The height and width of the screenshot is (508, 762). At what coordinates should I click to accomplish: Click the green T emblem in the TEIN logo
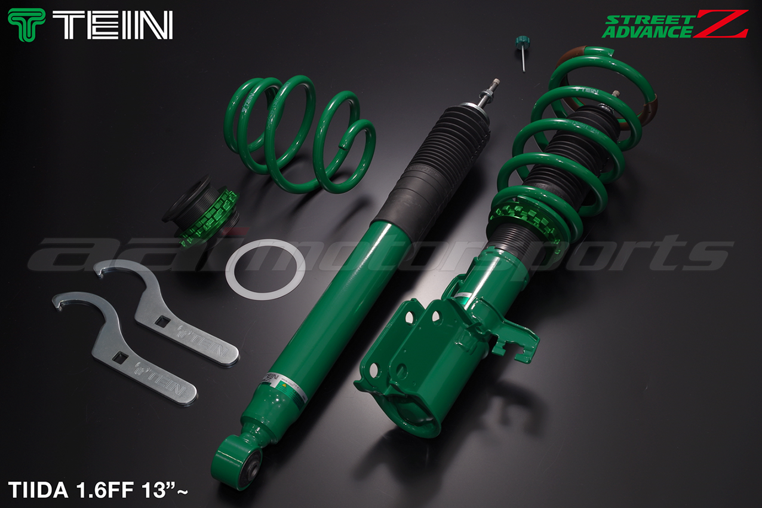pos(26,25)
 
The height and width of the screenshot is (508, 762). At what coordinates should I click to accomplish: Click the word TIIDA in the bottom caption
pos(38,490)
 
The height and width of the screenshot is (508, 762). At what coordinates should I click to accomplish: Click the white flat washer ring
pos(265,269)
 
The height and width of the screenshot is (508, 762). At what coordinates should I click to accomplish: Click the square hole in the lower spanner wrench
pos(121,357)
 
